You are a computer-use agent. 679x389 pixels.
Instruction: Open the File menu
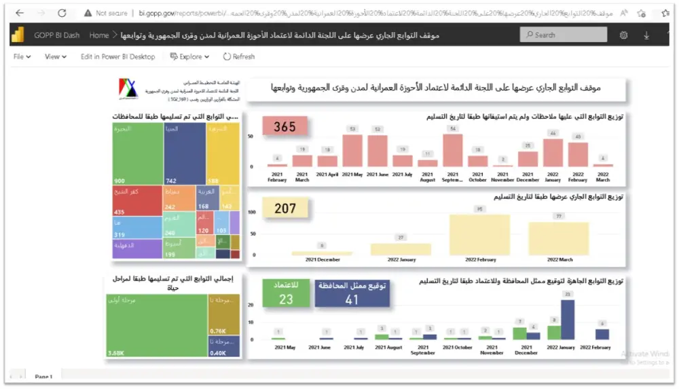click(x=22, y=57)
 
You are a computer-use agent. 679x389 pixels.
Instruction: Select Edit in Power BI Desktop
click(x=117, y=57)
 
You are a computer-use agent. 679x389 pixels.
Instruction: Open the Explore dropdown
click(x=189, y=57)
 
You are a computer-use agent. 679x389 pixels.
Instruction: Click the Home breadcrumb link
click(x=98, y=35)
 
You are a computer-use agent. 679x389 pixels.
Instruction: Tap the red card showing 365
click(x=285, y=127)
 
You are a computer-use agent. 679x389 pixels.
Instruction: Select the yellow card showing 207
click(x=285, y=208)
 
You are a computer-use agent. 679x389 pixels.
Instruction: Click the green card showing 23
click(x=286, y=294)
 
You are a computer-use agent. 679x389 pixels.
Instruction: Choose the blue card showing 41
click(x=352, y=293)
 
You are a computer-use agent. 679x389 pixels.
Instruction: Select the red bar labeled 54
click(x=452, y=150)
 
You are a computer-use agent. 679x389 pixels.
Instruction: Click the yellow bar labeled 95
click(x=479, y=235)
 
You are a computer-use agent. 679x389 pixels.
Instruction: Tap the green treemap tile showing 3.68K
click(x=156, y=326)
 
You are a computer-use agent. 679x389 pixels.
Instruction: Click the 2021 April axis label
click(x=327, y=174)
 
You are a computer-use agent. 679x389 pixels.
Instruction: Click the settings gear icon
click(x=623, y=35)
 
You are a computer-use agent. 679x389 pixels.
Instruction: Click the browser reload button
click(x=62, y=13)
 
